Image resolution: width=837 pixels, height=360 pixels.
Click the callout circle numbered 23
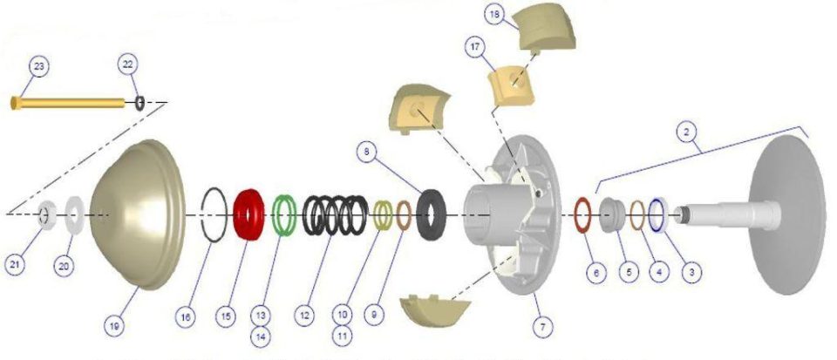39,66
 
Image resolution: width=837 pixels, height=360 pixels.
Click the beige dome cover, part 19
139,214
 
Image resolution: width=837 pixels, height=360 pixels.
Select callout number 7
543,327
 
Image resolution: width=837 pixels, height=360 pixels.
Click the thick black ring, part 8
422,215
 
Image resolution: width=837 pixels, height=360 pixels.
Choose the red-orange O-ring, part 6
576,215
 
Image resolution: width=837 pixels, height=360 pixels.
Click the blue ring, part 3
652,214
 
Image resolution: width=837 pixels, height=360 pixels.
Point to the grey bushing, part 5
612,214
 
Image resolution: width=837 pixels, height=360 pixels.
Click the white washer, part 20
68,215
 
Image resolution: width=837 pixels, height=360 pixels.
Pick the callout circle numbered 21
15,265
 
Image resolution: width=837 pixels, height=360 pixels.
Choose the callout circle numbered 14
260,336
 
